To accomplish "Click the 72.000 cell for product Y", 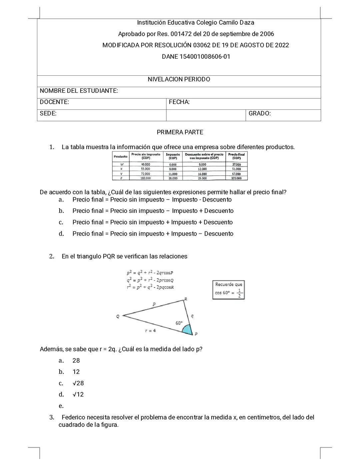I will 146,174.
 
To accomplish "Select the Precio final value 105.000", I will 236,178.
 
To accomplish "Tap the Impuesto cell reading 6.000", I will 173,164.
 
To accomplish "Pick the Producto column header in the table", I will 120,156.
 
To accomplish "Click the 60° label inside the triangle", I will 179,323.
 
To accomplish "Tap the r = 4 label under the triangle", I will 150,331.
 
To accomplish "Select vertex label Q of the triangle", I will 118,316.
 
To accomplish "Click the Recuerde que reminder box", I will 229,290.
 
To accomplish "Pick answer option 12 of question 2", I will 76,372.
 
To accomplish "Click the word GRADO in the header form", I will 259,113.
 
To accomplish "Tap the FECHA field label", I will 179,102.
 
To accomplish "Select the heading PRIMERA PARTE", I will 180,132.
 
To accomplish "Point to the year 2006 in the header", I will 267,34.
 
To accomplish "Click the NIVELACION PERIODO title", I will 179,79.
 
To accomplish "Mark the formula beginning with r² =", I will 150,287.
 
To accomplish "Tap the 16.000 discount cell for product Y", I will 202,174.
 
